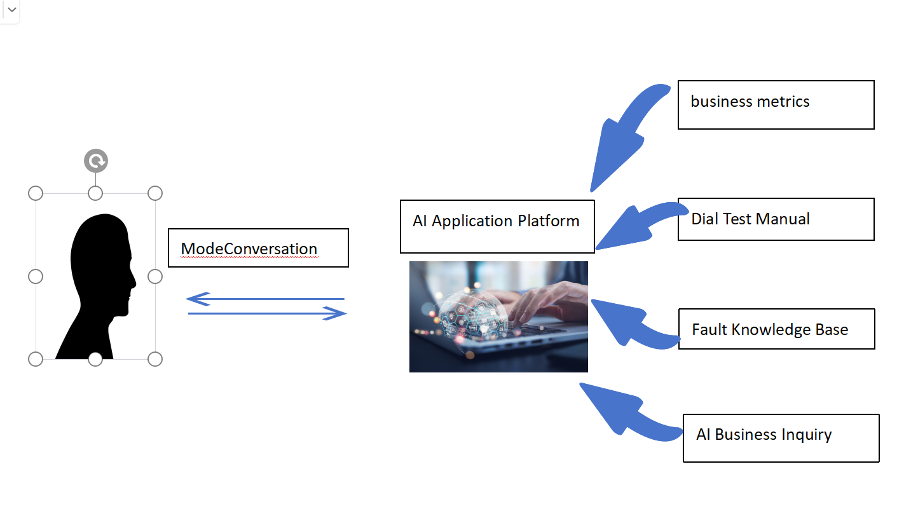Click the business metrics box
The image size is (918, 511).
pyautogui.click(x=776, y=105)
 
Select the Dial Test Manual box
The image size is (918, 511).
pyautogui.click(x=776, y=219)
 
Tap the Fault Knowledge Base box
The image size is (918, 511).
pyautogui.click(x=776, y=329)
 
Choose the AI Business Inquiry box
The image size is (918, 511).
pyautogui.click(x=781, y=438)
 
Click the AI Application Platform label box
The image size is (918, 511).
pyautogui.click(x=497, y=226)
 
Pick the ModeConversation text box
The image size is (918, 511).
pyautogui.click(x=258, y=248)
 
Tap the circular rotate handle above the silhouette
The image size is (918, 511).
pyautogui.click(x=96, y=161)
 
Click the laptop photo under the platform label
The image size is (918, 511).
pyautogui.click(x=498, y=317)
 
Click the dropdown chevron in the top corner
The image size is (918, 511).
pyautogui.click(x=11, y=10)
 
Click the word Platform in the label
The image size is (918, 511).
pyautogui.click(x=549, y=221)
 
